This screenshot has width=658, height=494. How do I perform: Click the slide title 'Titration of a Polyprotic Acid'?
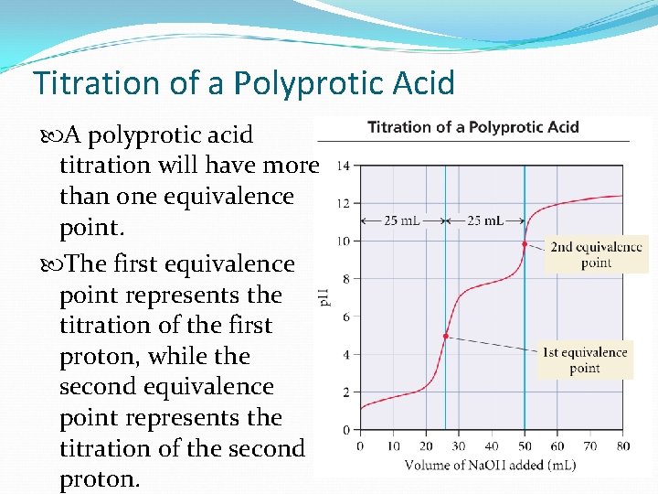pos(244,83)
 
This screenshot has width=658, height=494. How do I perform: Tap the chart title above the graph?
pos(472,127)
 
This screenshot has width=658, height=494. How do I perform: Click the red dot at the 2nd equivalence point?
pos(524,243)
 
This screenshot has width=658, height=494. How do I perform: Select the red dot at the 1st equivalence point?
pos(446,337)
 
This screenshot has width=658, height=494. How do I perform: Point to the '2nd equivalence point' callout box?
pos(596,254)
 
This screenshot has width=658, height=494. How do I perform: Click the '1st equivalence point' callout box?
pos(585,360)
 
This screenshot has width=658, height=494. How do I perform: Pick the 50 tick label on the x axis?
pos(524,446)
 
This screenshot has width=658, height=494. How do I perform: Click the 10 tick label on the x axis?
pos(393,446)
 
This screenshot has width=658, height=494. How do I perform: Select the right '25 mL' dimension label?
pos(484,220)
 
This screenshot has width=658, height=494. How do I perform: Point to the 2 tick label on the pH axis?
pos(344,392)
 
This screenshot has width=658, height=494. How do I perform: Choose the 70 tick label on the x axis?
pos(589,446)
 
